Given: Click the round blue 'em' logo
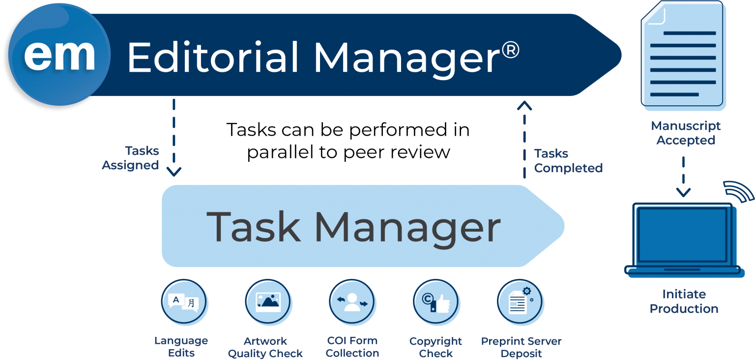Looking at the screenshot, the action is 59,55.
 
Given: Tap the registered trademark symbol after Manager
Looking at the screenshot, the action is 511,50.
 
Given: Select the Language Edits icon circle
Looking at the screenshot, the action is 184,301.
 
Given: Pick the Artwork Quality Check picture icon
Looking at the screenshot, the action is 268,301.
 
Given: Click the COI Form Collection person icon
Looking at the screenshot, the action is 352,301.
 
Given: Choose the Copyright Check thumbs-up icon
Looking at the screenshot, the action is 436,301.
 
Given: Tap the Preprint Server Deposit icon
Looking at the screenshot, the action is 521,301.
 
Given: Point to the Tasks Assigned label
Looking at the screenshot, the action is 130,158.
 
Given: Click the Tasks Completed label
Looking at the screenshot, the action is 568,161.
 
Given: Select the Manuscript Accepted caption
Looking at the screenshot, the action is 686,133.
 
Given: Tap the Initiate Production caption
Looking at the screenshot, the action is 684,301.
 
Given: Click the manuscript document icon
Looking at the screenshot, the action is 683,55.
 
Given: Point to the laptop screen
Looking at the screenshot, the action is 683,235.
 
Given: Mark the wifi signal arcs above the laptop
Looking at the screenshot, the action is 738,191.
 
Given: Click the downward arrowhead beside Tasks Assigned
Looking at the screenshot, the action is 174,172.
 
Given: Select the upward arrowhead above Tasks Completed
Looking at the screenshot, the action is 524,106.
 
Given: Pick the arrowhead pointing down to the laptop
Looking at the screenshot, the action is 684,192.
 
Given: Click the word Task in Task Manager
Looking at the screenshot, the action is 253,226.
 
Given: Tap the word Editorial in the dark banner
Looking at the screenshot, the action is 213,58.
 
